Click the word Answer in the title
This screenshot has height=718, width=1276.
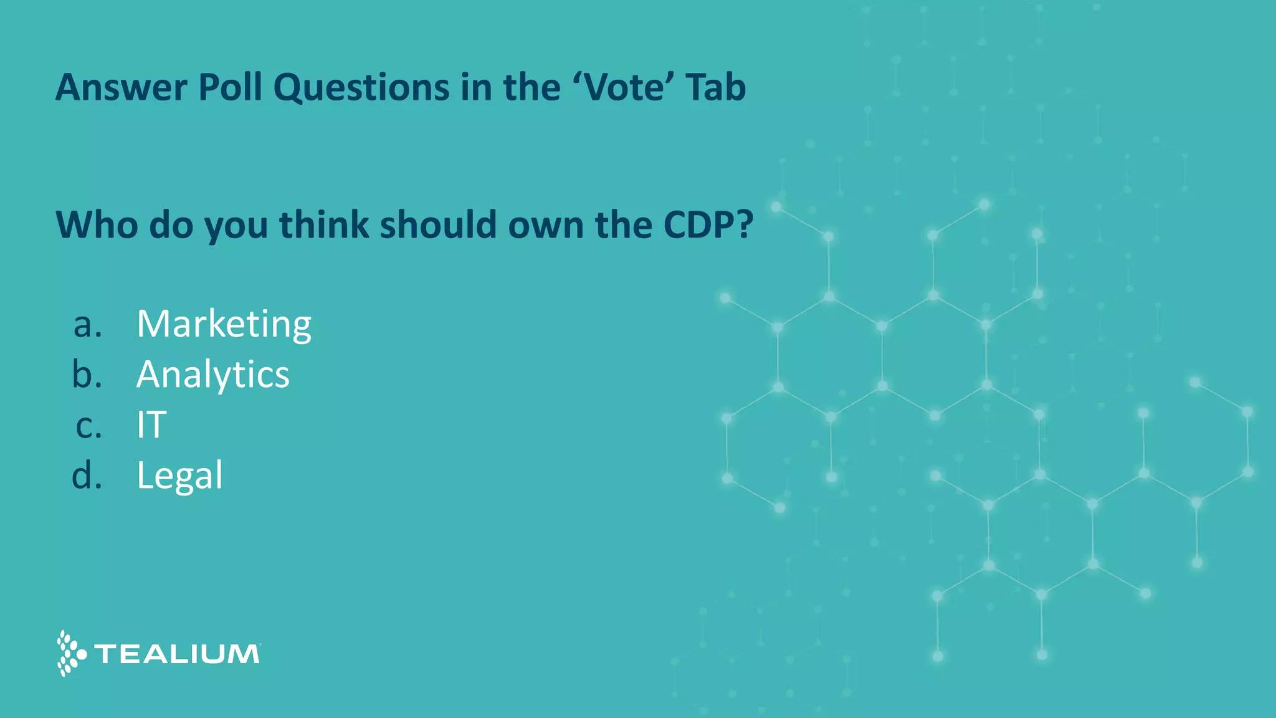tap(121, 87)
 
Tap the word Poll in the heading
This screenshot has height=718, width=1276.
tap(231, 87)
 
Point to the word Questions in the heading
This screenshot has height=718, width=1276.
tap(361, 87)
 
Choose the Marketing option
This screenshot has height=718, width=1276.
tap(224, 324)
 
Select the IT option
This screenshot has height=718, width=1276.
tap(151, 425)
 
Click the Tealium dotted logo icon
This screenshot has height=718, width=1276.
tap(70, 653)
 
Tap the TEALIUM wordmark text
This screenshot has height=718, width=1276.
tap(177, 654)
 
